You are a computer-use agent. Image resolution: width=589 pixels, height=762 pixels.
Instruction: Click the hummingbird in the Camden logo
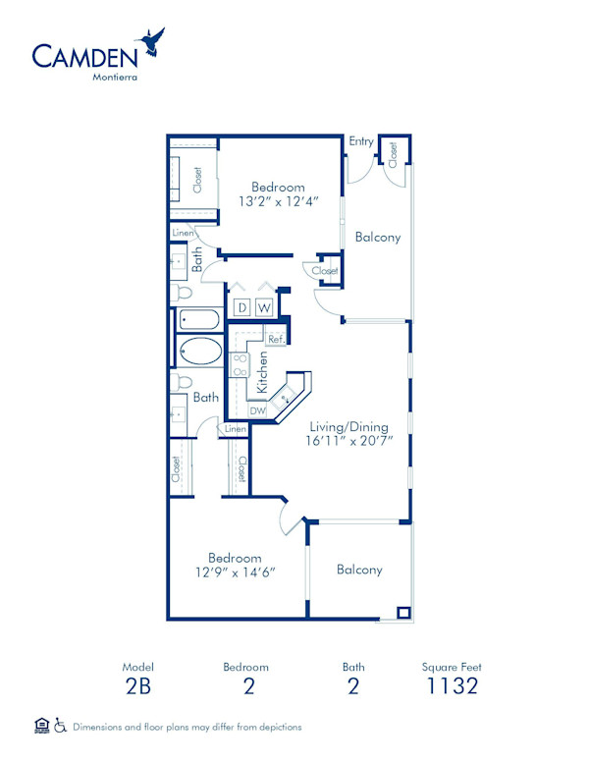click(x=152, y=41)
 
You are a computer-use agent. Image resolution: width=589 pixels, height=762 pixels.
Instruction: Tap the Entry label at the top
click(x=360, y=142)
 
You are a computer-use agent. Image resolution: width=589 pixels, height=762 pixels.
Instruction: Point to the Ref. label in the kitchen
click(x=276, y=340)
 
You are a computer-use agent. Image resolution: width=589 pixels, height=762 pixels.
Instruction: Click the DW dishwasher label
click(x=257, y=411)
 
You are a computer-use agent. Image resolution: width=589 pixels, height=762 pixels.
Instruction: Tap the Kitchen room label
click(x=262, y=373)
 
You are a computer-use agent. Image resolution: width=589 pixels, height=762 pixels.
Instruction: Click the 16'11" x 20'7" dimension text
click(x=348, y=442)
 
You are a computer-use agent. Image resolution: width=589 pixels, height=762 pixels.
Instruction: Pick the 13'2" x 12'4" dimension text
click(x=278, y=202)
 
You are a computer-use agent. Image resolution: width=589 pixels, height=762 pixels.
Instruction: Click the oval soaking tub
click(x=200, y=351)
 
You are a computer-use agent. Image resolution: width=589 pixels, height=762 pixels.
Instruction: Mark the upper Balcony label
click(x=378, y=237)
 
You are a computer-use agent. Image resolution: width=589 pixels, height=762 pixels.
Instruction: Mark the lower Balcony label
click(x=359, y=570)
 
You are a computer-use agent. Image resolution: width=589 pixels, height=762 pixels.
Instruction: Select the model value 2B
click(x=138, y=686)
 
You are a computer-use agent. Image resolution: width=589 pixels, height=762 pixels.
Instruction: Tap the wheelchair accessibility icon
click(x=60, y=726)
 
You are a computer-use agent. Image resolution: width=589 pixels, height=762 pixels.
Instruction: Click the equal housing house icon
click(x=41, y=726)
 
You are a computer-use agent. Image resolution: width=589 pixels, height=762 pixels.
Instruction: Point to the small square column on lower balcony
click(x=403, y=613)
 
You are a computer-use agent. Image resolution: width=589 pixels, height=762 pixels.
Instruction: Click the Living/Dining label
click(x=348, y=427)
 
